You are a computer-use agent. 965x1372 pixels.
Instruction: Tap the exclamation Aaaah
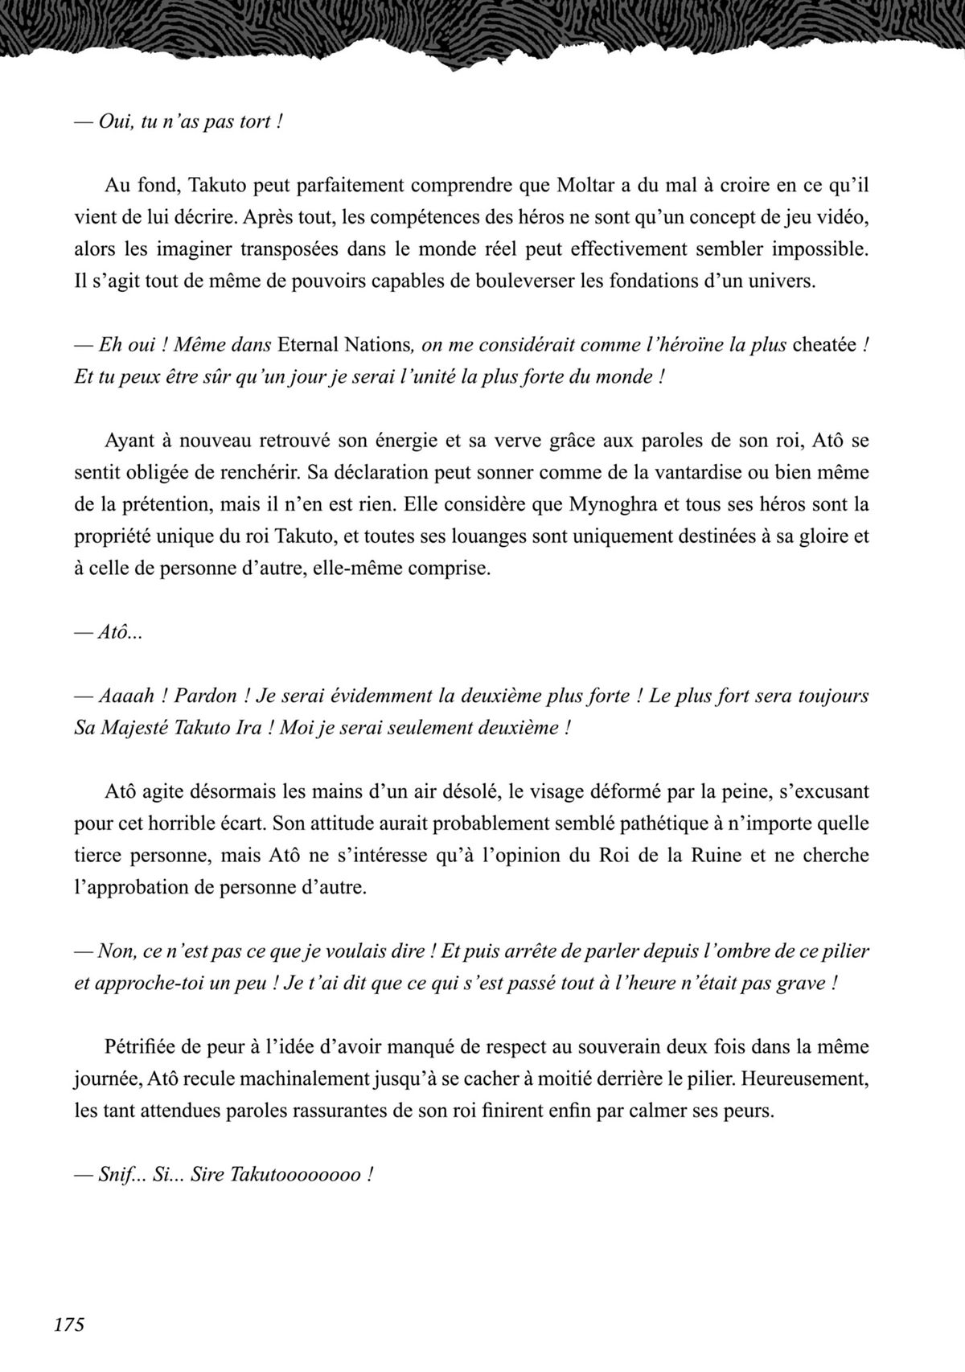(x=127, y=696)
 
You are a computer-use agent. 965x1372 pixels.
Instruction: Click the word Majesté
(x=133, y=729)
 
